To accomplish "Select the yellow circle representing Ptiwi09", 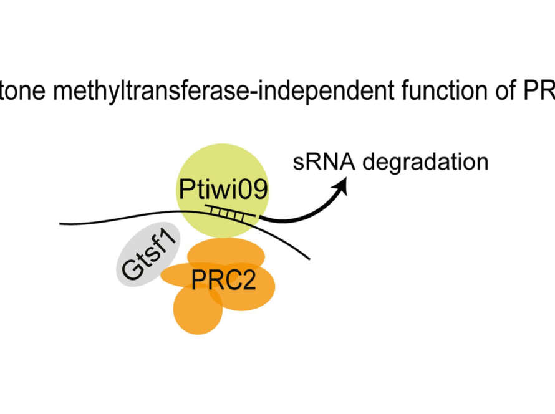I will point(223,168).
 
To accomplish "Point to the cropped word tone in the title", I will point(22,92).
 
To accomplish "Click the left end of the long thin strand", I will point(61,224).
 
